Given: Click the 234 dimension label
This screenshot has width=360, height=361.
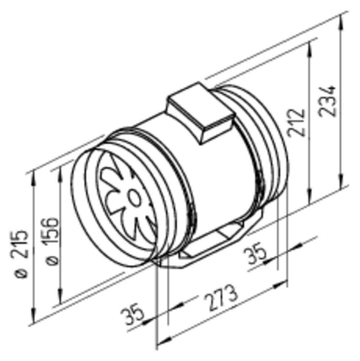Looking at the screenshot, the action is pyautogui.click(x=327, y=101).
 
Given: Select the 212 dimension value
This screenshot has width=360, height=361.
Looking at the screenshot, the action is pyautogui.click(x=297, y=123).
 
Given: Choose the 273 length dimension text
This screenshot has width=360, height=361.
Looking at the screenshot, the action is pyautogui.click(x=220, y=298).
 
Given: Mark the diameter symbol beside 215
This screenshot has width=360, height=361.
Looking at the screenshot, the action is pyautogui.click(x=21, y=274).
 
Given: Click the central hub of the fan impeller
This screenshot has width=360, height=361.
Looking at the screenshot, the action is pyautogui.click(x=133, y=197).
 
